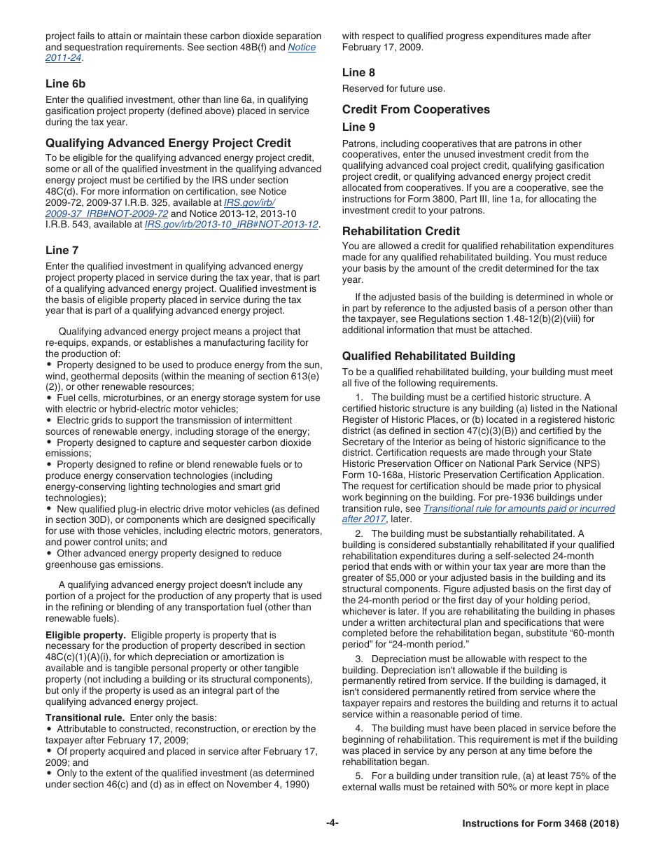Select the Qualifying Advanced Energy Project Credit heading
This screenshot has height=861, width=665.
pos(168,143)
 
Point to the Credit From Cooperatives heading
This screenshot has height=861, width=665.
pos(416,109)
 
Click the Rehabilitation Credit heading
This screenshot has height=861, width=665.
pos(401,231)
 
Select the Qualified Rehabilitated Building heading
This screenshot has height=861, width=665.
pos(428,356)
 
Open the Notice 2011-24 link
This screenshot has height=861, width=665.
pos(301,48)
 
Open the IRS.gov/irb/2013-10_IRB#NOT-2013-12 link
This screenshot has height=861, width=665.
pos(231,225)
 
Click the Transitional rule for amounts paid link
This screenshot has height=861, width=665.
pos(519,509)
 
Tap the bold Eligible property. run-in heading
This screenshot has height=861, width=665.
pos(85,635)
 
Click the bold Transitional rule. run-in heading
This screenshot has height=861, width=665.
pos(85,717)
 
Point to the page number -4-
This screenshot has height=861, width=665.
pos(332,823)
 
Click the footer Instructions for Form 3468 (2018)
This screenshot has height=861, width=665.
pos(540,824)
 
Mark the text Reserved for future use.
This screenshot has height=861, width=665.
pos(393,88)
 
